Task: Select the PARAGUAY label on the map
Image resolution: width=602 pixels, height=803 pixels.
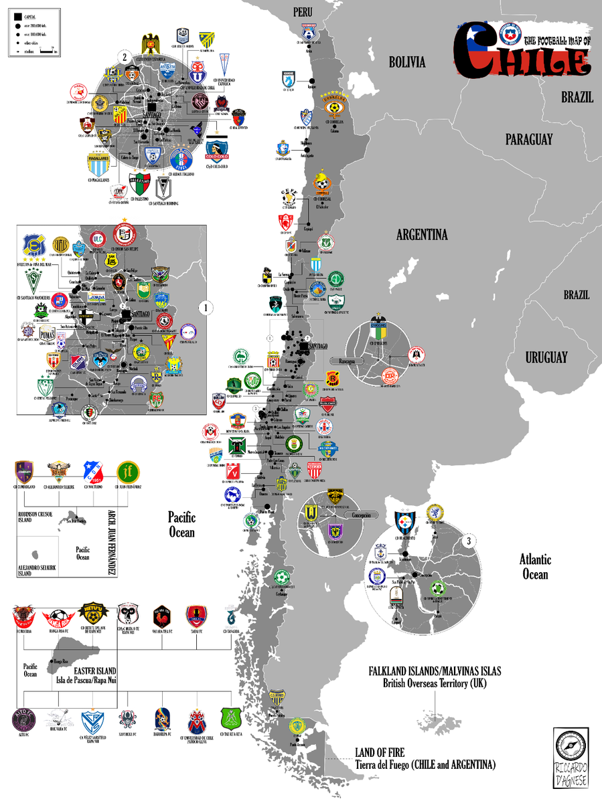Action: [529, 139]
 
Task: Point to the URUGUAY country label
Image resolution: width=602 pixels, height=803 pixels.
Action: [546, 357]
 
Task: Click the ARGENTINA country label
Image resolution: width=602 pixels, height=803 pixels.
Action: [421, 235]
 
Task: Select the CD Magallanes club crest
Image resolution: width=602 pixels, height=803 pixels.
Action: [99, 162]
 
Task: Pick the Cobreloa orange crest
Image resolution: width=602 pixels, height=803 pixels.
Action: [333, 106]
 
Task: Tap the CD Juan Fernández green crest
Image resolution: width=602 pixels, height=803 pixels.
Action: [127, 472]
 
